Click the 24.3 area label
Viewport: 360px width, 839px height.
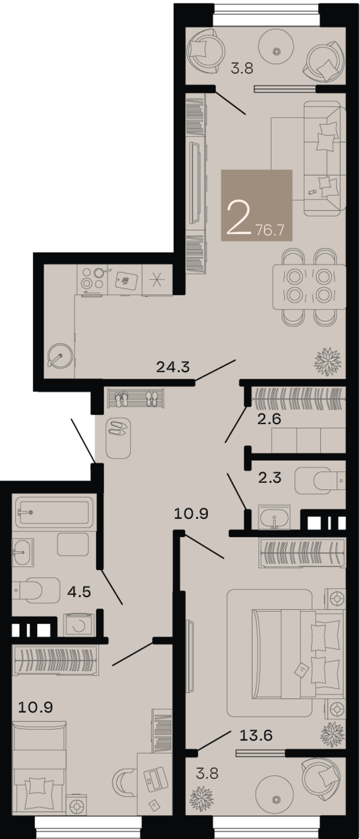pyautogui.click(x=172, y=367)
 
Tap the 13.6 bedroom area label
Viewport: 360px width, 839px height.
pyautogui.click(x=256, y=735)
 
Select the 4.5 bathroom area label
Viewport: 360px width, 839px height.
pyautogui.click(x=79, y=592)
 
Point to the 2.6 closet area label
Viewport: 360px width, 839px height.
pyautogui.click(x=269, y=419)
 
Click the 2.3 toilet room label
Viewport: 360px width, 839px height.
pyautogui.click(x=269, y=477)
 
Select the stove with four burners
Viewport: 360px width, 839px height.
pyautogui.click(x=92, y=280)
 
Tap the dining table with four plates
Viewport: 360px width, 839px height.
pyautogui.click(x=309, y=287)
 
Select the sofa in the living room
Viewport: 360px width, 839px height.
pyautogui.click(x=325, y=158)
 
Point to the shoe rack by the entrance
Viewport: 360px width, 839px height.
pyautogui.click(x=136, y=398)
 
